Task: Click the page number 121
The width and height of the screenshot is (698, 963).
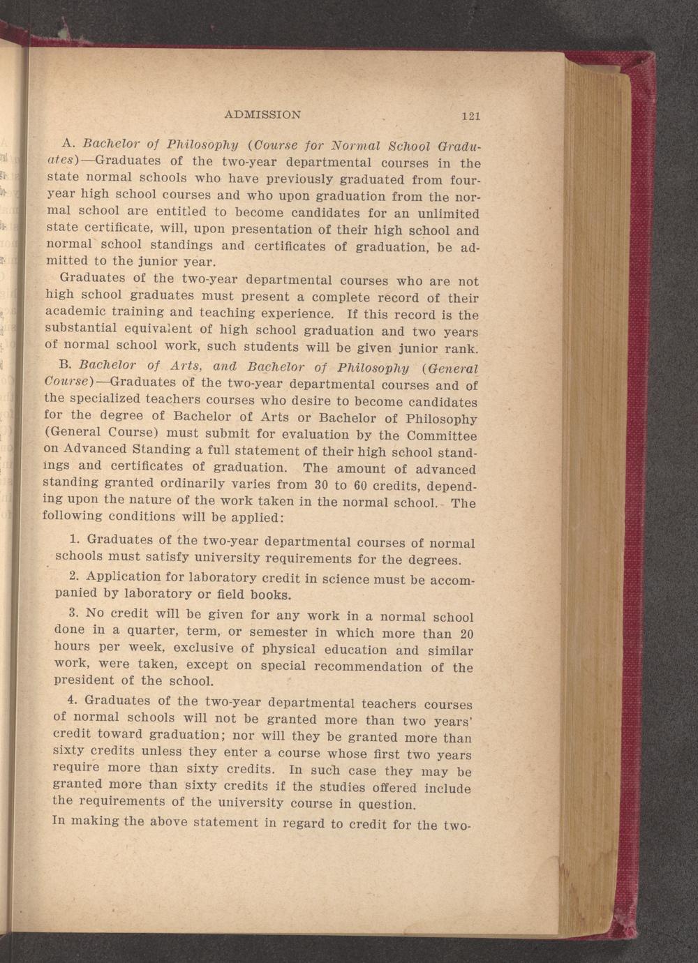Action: [x=470, y=116]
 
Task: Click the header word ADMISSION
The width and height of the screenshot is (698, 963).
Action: [x=262, y=114]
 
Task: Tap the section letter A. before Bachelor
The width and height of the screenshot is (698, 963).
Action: [x=68, y=143]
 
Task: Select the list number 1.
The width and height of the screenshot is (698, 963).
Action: [x=75, y=539]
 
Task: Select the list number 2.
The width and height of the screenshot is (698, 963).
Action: [x=75, y=576]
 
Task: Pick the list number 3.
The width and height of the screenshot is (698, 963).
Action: [x=75, y=613]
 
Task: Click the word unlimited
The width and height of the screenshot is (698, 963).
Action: [x=449, y=214]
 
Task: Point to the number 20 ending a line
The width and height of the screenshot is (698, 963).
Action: [x=467, y=634]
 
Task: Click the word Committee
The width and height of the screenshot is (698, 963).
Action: [x=442, y=436]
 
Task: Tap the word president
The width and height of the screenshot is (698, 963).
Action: [x=84, y=679]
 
